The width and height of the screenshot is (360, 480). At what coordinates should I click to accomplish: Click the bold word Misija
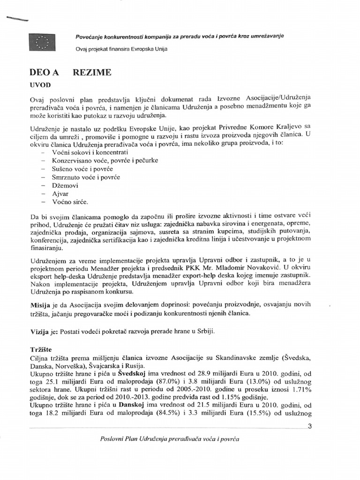click(x=40, y=305)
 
